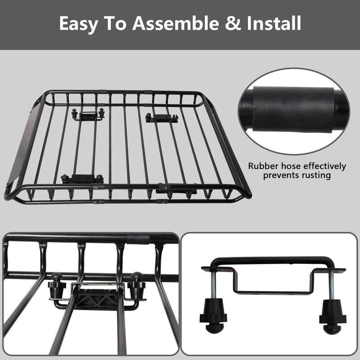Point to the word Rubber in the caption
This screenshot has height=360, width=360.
(x=265, y=166)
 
